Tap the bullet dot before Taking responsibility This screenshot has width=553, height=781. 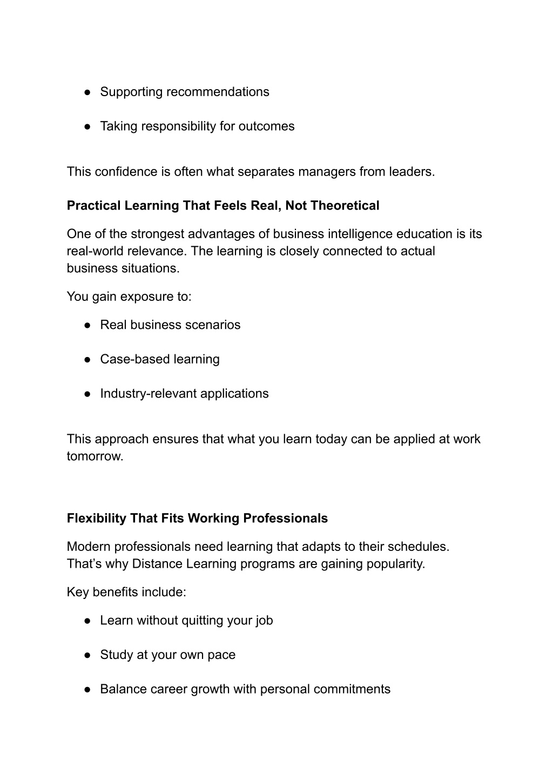[86, 126]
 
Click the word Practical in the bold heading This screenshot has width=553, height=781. [94, 206]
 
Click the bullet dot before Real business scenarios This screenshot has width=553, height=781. [86, 325]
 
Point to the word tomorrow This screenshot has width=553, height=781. [95, 456]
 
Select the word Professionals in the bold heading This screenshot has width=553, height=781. [285, 519]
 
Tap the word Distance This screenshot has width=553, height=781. [157, 564]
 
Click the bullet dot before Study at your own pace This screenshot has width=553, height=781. [86, 655]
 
